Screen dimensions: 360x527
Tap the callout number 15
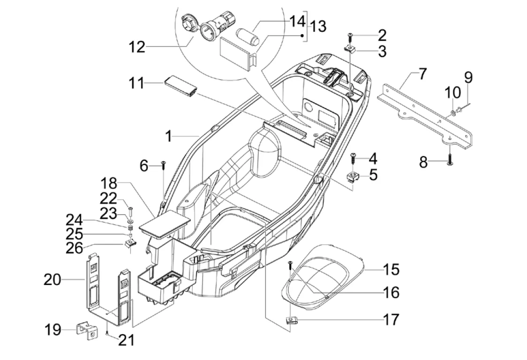(x=391, y=270)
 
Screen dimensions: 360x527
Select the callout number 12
(x=138, y=47)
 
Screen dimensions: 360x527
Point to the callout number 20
(x=53, y=280)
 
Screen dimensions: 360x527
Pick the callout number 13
(x=317, y=27)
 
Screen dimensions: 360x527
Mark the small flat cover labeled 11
(x=181, y=87)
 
